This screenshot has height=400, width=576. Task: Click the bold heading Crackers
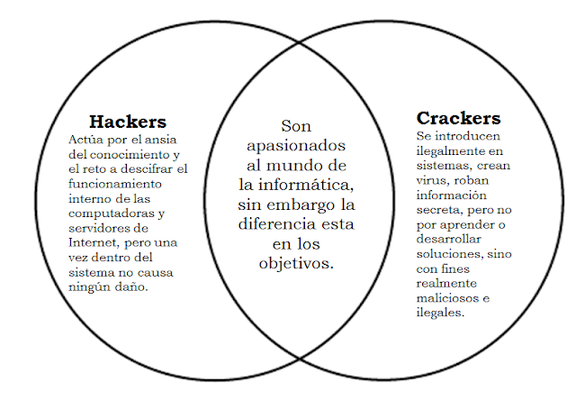(x=458, y=118)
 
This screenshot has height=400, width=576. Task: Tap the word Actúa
(x=85, y=140)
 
